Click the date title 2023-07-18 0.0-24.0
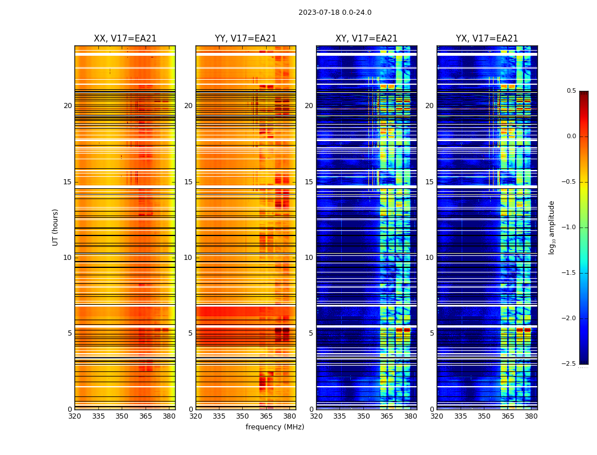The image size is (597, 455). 335,13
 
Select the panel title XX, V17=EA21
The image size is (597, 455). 125,39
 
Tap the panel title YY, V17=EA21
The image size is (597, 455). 246,39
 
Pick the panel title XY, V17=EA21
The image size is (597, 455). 366,39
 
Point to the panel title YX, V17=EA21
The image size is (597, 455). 487,39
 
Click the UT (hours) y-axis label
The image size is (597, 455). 55,227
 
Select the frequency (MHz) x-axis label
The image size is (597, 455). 275,427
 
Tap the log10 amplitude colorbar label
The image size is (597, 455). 552,227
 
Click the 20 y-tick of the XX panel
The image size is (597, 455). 68,106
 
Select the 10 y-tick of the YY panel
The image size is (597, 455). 188,258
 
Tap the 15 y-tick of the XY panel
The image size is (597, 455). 309,182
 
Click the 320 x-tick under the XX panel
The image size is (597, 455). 74,416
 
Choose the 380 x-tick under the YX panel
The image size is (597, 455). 531,416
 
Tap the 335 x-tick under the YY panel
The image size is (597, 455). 219,416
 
